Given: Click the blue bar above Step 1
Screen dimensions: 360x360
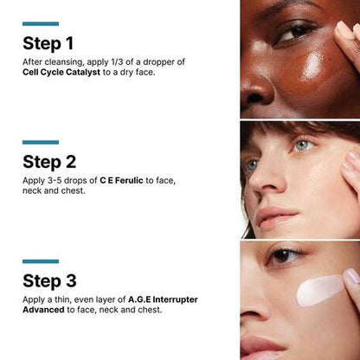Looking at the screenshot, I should [x=41, y=23].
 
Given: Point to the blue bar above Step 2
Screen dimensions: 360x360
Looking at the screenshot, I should [x=41, y=142].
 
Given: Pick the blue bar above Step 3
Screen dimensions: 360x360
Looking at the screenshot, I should [x=41, y=260].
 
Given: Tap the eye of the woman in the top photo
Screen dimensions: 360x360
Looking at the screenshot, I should [x=297, y=33].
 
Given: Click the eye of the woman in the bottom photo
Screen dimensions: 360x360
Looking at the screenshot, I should [x=285, y=258].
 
